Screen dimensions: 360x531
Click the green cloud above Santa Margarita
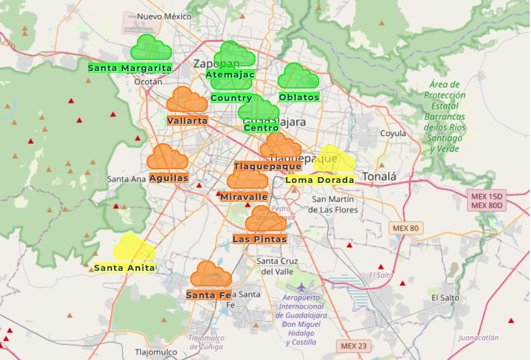coord(151,48)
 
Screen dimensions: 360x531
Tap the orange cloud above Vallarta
coord(187,100)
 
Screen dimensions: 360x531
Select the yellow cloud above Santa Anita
coord(134,248)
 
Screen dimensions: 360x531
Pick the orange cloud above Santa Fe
coord(210,275)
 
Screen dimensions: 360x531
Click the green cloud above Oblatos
coord(298,77)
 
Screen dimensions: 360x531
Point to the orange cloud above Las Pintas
coord(265,219)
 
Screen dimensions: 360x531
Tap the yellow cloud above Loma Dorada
coord(334,159)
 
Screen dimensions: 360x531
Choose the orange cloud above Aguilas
coord(167,158)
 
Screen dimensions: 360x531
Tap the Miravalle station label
coord(244,197)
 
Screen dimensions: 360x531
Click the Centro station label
coord(261,128)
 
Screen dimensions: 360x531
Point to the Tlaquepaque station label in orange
coord(267,167)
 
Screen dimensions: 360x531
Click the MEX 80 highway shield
coord(406,228)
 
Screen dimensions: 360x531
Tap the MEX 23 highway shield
coord(354,346)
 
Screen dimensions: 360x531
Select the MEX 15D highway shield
coord(487,196)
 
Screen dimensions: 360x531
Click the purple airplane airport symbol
coord(300,286)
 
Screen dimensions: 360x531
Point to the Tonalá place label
coord(379,176)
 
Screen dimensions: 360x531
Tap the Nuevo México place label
coord(158,16)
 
